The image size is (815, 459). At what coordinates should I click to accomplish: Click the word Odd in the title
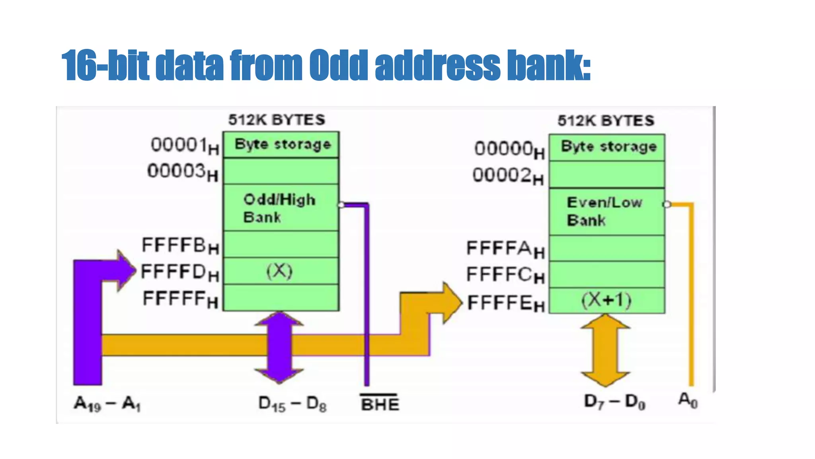coord(338,65)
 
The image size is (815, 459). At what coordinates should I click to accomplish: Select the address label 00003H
coord(183,172)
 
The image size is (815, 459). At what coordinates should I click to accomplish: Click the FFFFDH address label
coord(180,273)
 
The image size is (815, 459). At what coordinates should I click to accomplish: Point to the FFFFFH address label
coord(180,299)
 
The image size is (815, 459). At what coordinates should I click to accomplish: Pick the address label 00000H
coord(509,149)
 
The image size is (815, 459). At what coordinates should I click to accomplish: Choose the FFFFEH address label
coord(506,303)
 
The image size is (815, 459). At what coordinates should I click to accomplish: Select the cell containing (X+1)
coord(606,300)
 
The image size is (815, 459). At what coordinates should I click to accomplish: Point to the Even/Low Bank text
coord(604,211)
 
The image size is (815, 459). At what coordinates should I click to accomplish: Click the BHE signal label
coord(380,404)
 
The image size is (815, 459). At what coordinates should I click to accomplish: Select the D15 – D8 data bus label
coord(292,404)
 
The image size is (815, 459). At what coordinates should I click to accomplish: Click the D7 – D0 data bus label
coord(614,402)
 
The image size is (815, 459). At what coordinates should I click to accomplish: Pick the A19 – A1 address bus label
coord(107,404)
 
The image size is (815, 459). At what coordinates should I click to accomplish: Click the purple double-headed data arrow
coord(279,347)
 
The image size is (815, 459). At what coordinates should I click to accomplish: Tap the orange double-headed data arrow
coord(605,350)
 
